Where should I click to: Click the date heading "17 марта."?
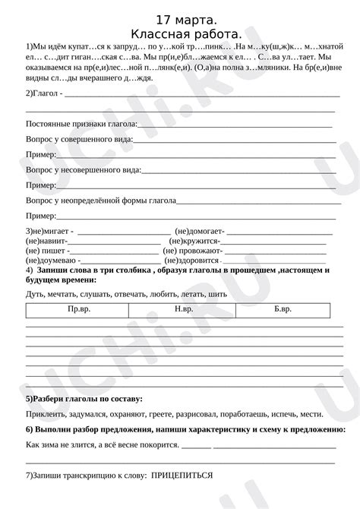[181, 19]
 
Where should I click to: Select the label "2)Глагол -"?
[44, 93]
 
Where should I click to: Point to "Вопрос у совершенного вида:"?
[79, 139]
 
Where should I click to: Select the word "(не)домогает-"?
[200, 230]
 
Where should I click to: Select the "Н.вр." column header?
[183, 309]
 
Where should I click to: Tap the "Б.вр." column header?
[283, 309]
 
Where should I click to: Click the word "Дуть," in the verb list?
[36, 292]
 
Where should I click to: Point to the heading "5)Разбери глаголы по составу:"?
[84, 398]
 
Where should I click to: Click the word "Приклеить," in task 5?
[46, 414]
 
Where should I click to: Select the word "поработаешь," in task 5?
[248, 414]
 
